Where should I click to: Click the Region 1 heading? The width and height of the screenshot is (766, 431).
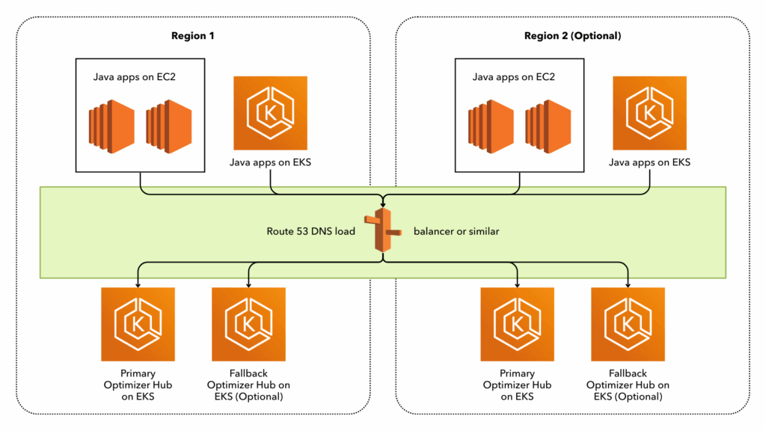pos(193,35)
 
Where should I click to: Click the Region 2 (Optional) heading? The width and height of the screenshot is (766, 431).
pos(572,35)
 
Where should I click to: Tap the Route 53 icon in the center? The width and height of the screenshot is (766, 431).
pos(383,231)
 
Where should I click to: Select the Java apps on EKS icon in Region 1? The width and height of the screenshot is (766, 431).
pos(270,112)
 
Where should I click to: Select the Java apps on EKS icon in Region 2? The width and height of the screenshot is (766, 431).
pos(649,112)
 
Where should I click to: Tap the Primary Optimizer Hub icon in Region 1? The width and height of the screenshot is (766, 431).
pos(138,324)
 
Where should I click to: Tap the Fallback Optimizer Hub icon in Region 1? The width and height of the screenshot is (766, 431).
pos(248,324)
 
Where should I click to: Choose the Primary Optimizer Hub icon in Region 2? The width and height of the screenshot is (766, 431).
pos(517,324)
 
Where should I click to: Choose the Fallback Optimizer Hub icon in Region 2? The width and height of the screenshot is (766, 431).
pos(628,324)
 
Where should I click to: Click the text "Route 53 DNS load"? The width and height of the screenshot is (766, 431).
pos(310,231)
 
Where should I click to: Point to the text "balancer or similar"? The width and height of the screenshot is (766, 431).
pos(456,231)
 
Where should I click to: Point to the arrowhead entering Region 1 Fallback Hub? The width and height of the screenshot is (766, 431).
pos(248,284)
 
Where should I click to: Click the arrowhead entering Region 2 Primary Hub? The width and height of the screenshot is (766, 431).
pos(517,284)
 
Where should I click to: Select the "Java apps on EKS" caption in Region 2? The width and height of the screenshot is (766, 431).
pos(649,162)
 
